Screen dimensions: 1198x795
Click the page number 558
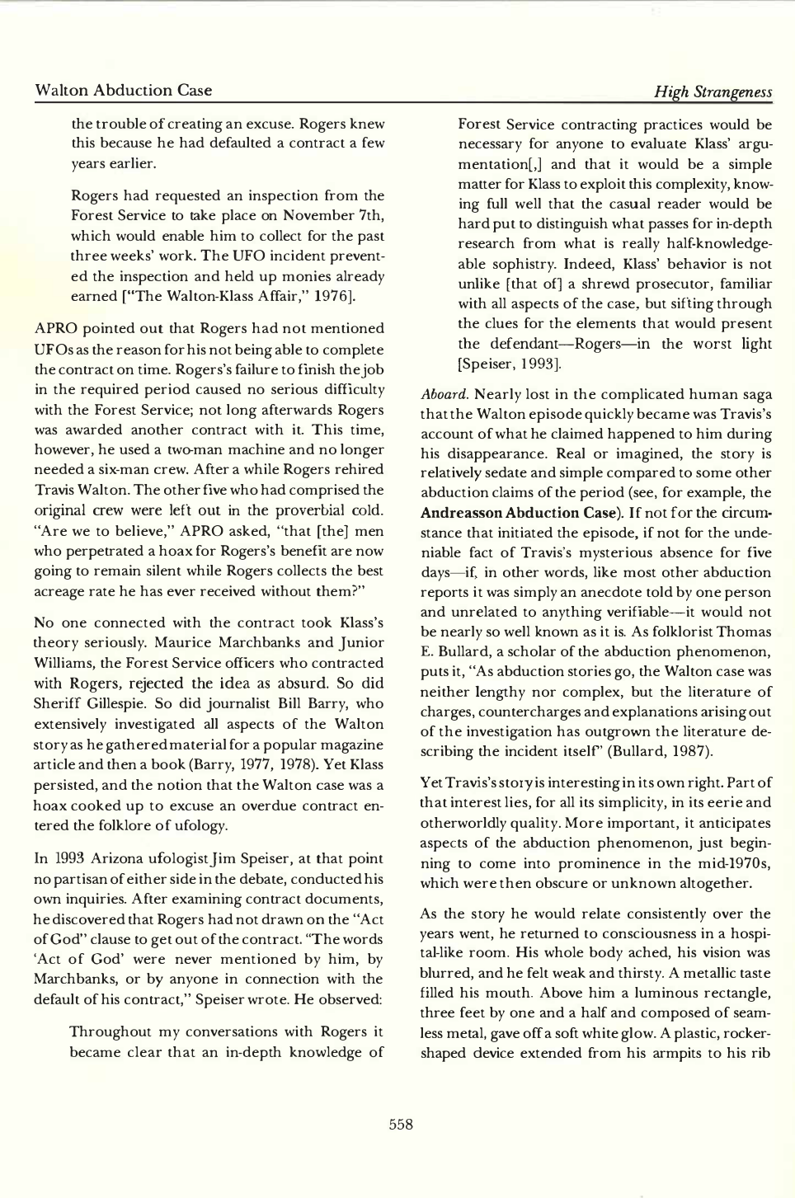(x=401, y=1124)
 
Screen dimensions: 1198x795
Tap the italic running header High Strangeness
(x=713, y=92)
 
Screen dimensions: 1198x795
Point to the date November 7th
(x=338, y=216)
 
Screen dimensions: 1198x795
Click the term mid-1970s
(x=733, y=863)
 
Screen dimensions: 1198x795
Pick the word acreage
(x=64, y=591)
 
